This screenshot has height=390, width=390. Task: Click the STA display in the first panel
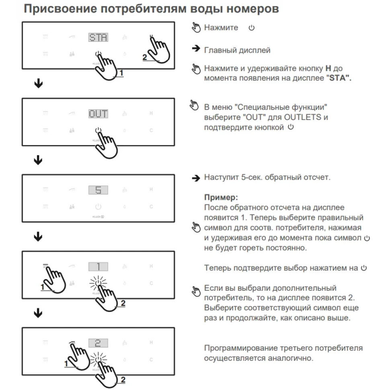pyautogui.click(x=98, y=37)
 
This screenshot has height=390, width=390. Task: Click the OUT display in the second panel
pyautogui.click(x=98, y=114)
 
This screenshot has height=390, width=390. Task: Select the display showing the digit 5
pyautogui.click(x=98, y=190)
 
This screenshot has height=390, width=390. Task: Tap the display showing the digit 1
pyautogui.click(x=98, y=267)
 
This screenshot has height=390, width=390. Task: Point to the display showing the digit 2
pyautogui.click(x=98, y=343)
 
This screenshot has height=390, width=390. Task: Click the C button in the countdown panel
pyautogui.click(x=151, y=207)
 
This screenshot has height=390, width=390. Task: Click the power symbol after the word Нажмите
pyautogui.click(x=252, y=28)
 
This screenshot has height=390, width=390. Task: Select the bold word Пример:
pyautogui.click(x=221, y=198)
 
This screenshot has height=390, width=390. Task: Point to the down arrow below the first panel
pyautogui.click(x=38, y=84)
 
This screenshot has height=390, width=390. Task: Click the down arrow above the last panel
pyautogui.click(x=38, y=313)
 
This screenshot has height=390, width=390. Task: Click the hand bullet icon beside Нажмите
pyautogui.click(x=196, y=28)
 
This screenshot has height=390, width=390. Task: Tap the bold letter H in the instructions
pyautogui.click(x=328, y=68)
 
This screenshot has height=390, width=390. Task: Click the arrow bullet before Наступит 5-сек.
pyautogui.click(x=196, y=178)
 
